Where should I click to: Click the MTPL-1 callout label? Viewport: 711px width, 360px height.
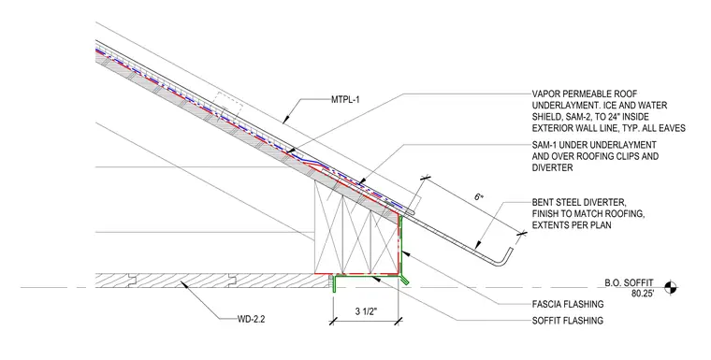click(345, 99)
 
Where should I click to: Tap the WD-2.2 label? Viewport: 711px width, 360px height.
click(252, 319)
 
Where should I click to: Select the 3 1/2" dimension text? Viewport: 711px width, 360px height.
click(367, 312)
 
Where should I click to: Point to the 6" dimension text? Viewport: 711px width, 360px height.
click(479, 197)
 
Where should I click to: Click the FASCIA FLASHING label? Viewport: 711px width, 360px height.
click(568, 304)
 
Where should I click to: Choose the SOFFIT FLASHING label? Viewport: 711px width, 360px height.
click(568, 321)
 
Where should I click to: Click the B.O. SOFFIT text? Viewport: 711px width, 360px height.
click(629, 283)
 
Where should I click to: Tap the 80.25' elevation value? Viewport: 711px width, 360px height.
click(643, 294)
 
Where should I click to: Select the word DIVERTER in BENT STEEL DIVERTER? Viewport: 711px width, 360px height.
click(607, 202)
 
